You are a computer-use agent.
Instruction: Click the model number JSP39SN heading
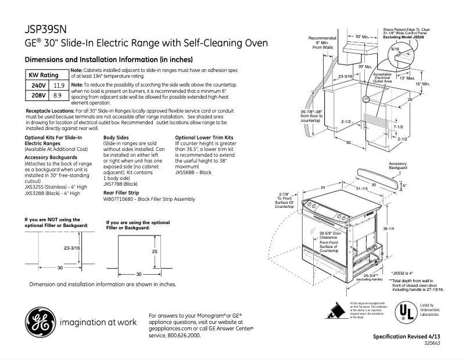pyautogui.click(x=49, y=30)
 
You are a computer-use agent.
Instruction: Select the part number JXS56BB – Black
pyautogui.click(x=193, y=172)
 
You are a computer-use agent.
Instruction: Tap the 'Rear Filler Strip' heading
pyautogui.click(x=121, y=192)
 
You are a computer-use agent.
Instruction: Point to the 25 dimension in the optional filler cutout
pyautogui.click(x=155, y=251)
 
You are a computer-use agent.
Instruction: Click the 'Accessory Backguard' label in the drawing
pyautogui.click(x=398, y=166)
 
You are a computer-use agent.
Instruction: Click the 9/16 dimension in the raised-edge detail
pyautogui.click(x=395, y=50)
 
